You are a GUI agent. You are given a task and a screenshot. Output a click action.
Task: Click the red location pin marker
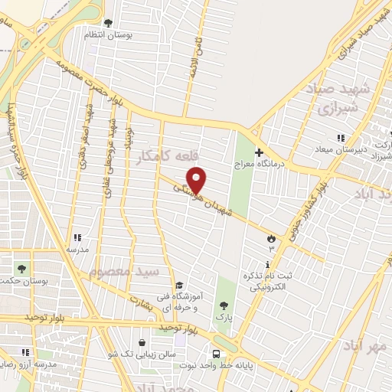(x=197, y=179)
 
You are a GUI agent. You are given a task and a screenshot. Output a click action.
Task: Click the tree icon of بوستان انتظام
(x=108, y=23)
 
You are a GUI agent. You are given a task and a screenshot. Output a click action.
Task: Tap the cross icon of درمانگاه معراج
(x=259, y=153)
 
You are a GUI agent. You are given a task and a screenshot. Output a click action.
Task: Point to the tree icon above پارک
(x=224, y=305)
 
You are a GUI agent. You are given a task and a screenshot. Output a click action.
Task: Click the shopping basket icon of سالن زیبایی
(x=142, y=343)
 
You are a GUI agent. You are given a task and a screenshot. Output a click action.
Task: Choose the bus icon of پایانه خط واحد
(x=217, y=354)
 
